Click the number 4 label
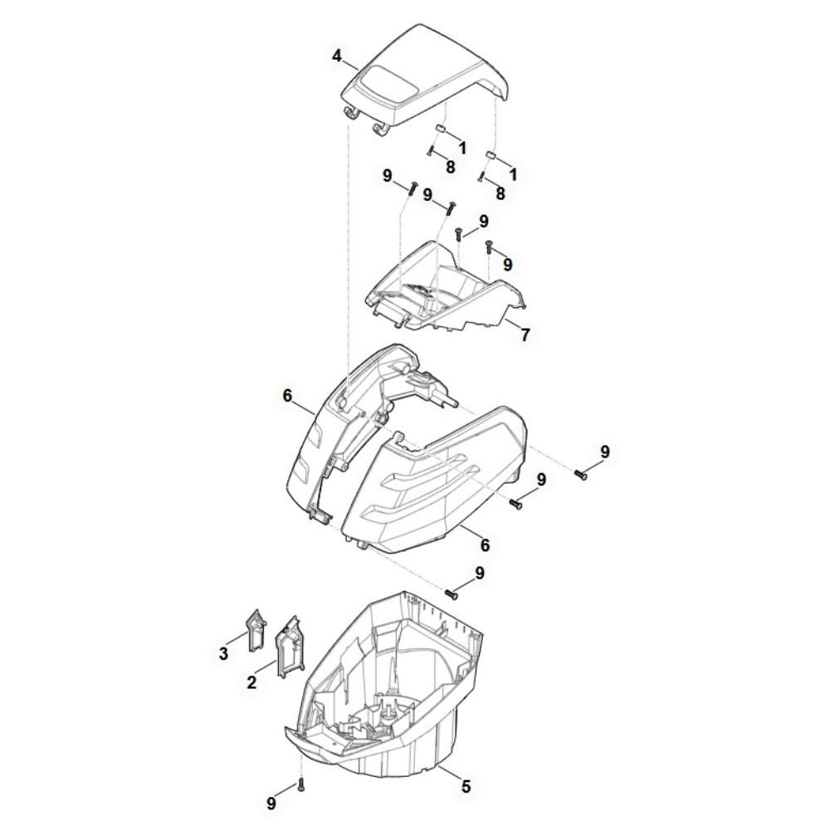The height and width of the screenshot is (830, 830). click(x=337, y=56)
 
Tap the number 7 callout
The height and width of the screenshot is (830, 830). click(x=525, y=334)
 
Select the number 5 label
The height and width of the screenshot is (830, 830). click(x=466, y=787)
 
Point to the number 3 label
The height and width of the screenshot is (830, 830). click(x=223, y=653)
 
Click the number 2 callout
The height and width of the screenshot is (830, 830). click(x=251, y=682)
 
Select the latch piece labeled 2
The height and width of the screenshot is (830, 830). click(x=290, y=646)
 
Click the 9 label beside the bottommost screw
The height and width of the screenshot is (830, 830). click(x=271, y=804)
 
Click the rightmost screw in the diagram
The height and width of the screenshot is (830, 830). click(x=581, y=474)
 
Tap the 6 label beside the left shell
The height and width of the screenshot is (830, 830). click(x=287, y=395)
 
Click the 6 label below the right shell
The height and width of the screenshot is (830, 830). click(x=485, y=544)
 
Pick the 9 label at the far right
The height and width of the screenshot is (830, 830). click(x=605, y=452)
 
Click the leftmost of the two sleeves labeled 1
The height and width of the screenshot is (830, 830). click(x=441, y=129)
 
